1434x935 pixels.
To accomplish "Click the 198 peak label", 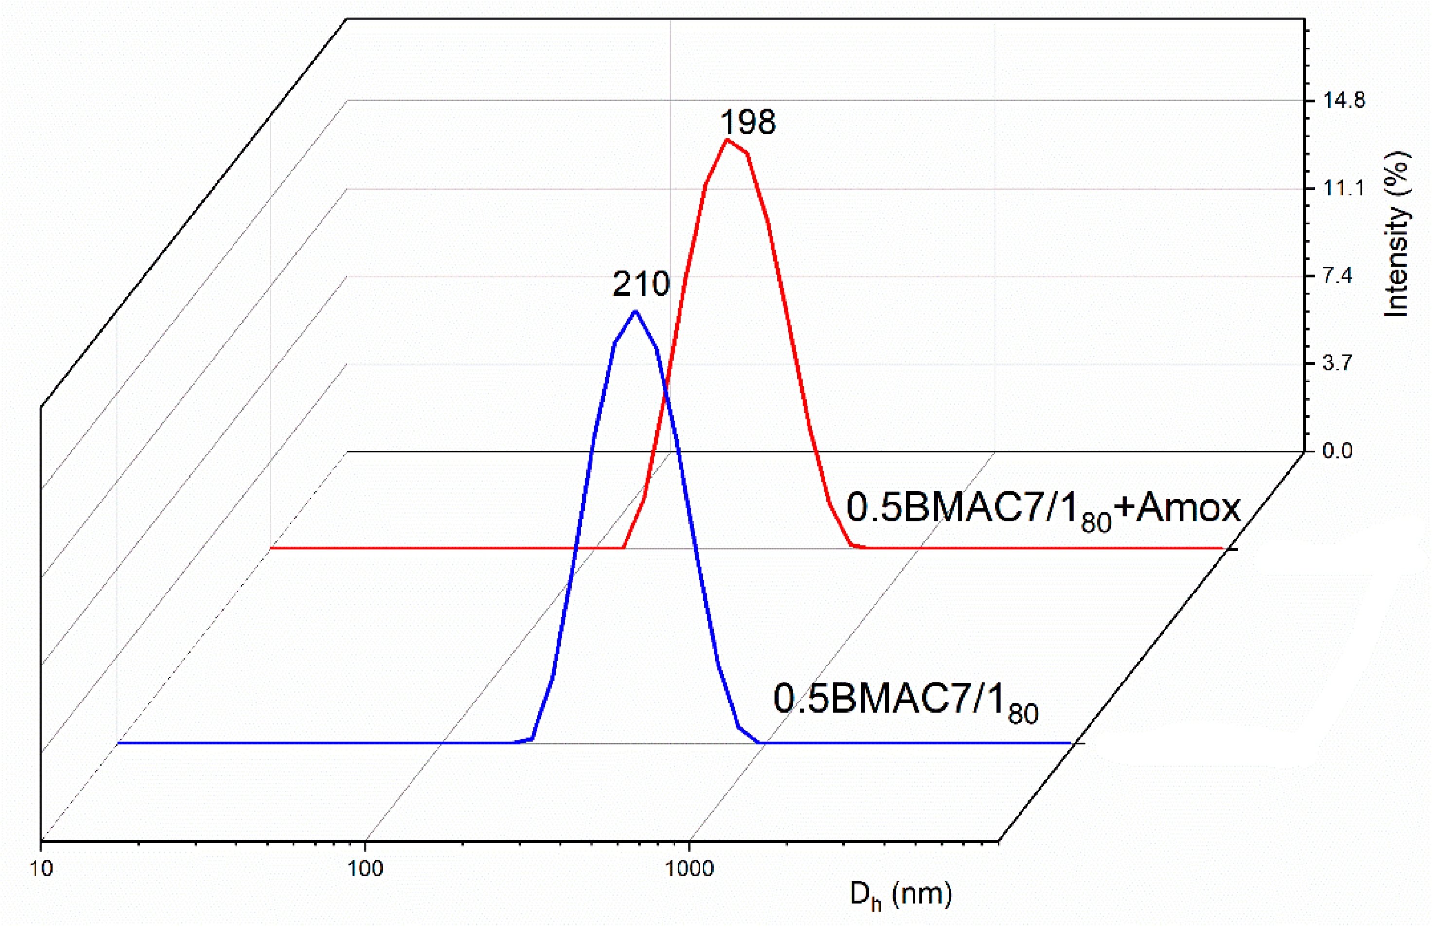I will (748, 122).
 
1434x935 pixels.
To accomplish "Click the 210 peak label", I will (641, 285).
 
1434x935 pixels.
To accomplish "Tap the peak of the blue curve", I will (636, 311).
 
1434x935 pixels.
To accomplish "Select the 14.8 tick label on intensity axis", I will (1344, 100).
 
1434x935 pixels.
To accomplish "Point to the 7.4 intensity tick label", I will (1344, 276).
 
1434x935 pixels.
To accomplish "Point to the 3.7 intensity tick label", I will (1344, 364).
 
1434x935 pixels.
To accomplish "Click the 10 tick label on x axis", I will (40, 869).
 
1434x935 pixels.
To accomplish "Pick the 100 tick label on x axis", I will (365, 869).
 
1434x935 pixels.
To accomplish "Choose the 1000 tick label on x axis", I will (689, 869).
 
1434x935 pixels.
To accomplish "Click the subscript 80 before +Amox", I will (1095, 521).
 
